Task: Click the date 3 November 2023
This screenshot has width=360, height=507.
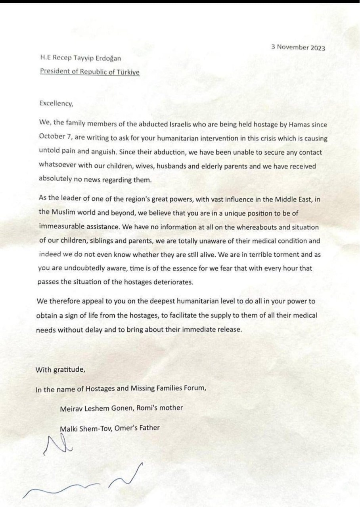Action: pyautogui.click(x=298, y=47)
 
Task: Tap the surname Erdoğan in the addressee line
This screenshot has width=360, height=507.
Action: pyautogui.click(x=106, y=59)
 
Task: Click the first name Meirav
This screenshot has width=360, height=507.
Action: pyautogui.click(x=71, y=408)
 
